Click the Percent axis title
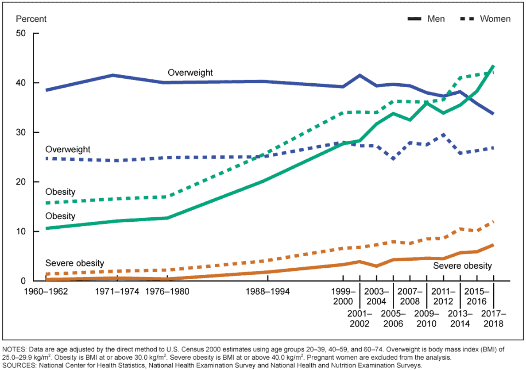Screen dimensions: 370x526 tap(31, 19)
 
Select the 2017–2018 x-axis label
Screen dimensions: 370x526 tap(494, 319)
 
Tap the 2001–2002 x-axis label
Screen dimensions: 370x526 tap(360, 319)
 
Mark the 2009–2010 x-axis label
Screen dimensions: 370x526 tap(426, 319)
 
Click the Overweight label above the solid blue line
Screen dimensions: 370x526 tap(190, 73)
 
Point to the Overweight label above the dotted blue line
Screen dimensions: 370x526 tap(68, 150)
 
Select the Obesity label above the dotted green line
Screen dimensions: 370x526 tap(60, 192)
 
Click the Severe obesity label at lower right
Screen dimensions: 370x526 tap(462, 266)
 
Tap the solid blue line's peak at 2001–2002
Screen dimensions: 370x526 tap(360, 75)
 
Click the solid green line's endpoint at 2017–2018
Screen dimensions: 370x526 tap(494, 66)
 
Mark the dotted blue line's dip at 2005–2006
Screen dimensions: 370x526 tap(393, 158)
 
